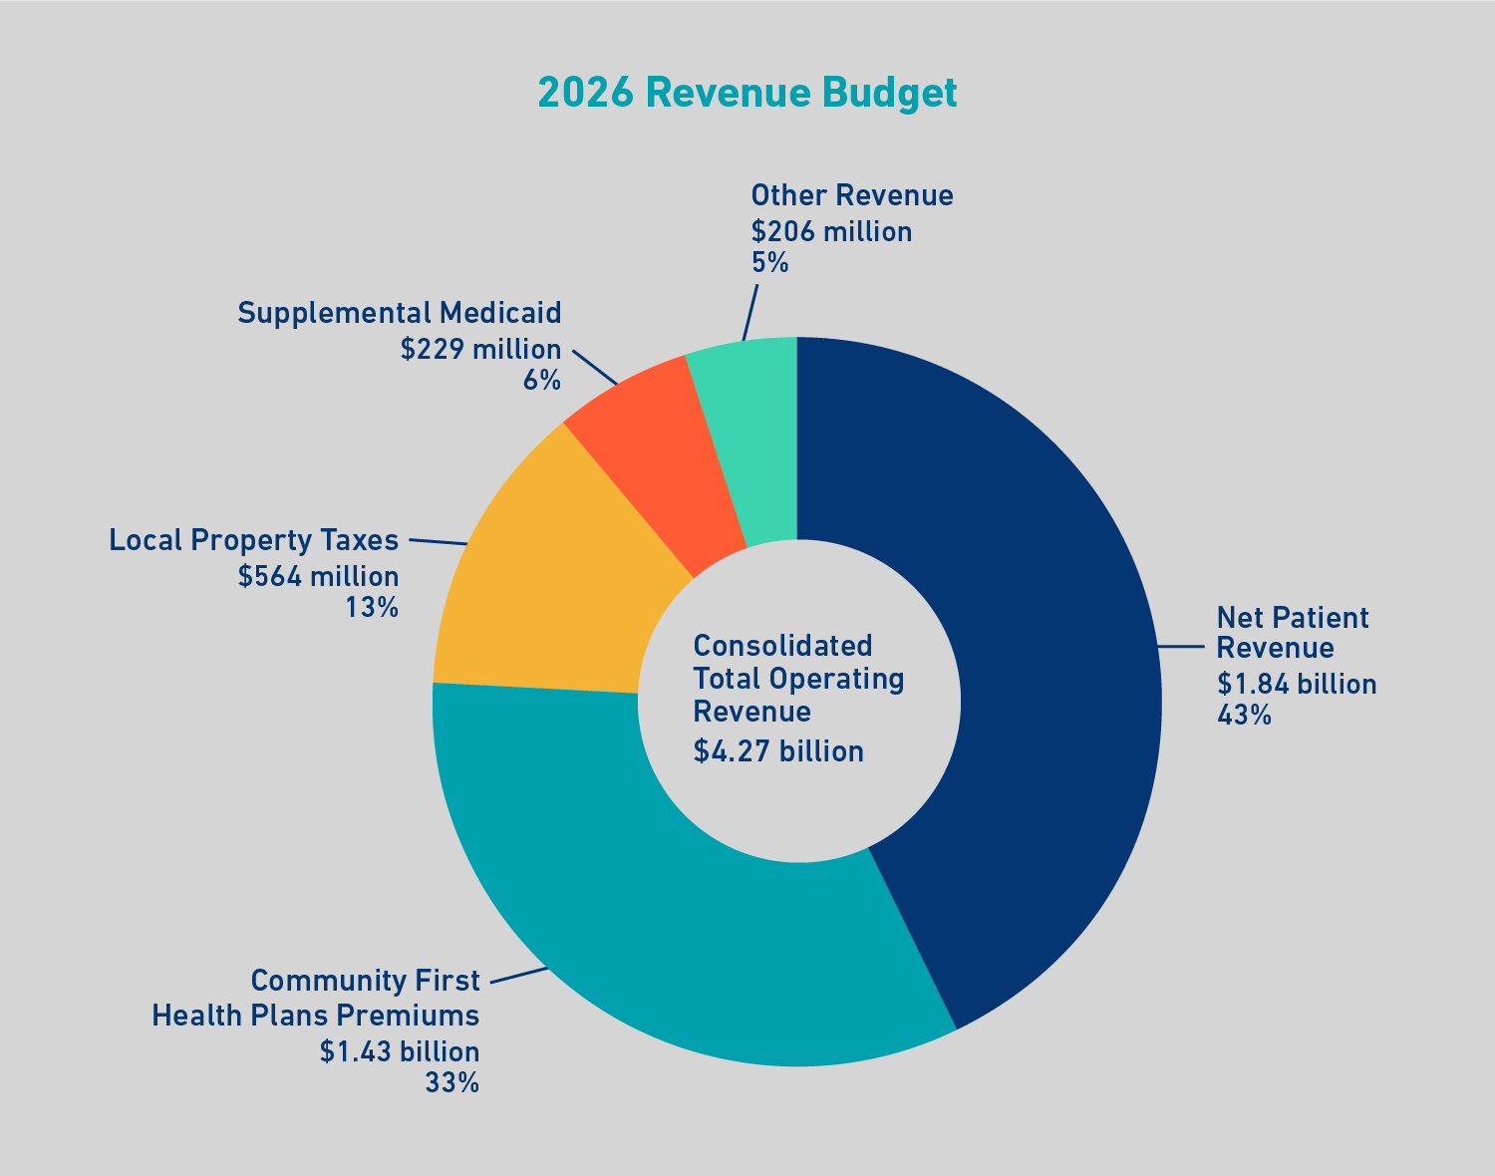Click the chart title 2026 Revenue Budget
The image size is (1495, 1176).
[x=747, y=93]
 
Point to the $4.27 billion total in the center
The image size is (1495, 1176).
[x=778, y=750]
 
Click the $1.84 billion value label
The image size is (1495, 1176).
[x=1297, y=685]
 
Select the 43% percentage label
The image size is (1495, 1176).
[x=1244, y=715]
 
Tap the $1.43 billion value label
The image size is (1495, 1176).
[x=400, y=1052]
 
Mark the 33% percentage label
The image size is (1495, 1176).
[x=452, y=1082]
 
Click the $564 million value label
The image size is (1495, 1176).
[x=318, y=577]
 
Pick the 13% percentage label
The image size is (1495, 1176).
[x=372, y=607]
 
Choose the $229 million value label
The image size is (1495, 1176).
[x=480, y=350]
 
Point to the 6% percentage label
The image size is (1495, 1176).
[x=542, y=380]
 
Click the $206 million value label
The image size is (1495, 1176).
[x=831, y=232]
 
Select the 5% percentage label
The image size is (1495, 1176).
[x=769, y=262]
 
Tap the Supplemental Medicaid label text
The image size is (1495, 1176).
[x=400, y=313]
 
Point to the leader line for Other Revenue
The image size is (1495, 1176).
[x=750, y=312]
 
